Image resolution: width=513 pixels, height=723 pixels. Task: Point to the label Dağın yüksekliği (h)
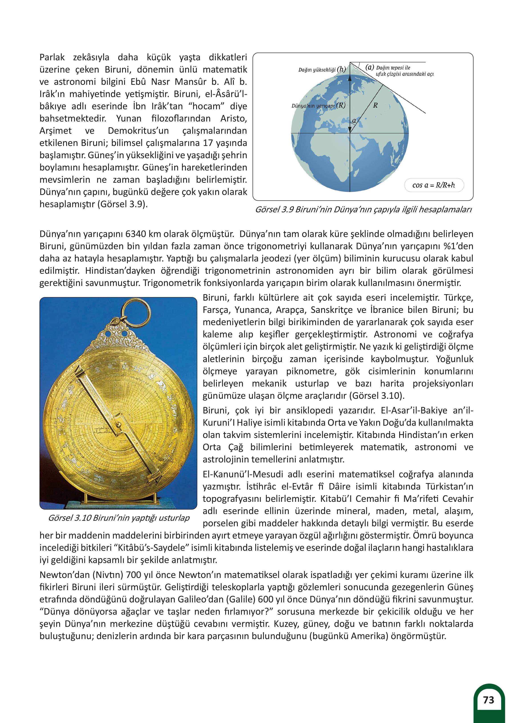[322, 69]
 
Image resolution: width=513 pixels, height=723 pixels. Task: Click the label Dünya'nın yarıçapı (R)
[318, 106]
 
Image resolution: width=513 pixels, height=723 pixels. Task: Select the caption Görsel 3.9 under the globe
[363, 210]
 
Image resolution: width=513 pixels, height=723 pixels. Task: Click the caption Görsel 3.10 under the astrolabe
[118, 518]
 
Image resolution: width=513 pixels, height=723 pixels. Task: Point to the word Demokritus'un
[138, 131]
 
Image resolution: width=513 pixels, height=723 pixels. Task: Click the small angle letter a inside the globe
[354, 121]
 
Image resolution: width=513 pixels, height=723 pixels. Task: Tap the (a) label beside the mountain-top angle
[370, 67]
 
